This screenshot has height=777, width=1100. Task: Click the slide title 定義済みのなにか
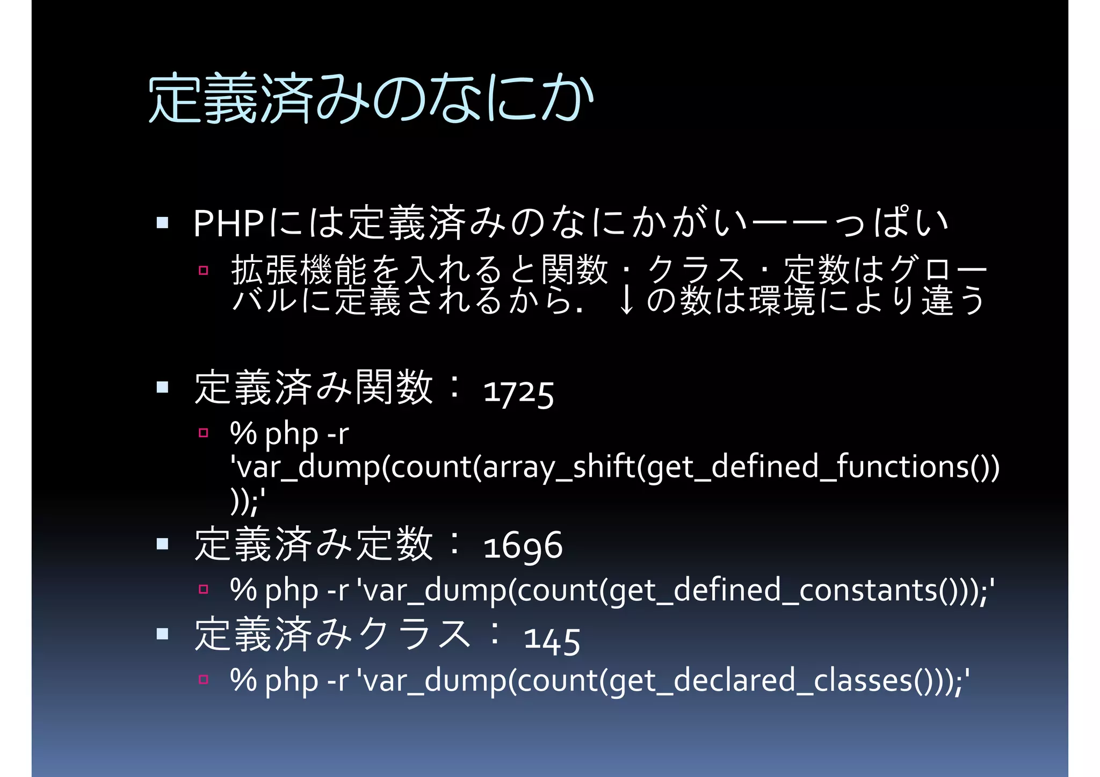click(x=371, y=99)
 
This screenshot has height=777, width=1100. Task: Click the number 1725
click(x=518, y=392)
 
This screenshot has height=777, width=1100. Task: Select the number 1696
click(x=523, y=547)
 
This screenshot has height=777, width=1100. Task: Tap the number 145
click(x=552, y=640)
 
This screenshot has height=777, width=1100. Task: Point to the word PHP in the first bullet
click(x=228, y=223)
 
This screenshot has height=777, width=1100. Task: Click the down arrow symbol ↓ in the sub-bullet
click(x=625, y=301)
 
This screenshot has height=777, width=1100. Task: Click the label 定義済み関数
click(x=314, y=388)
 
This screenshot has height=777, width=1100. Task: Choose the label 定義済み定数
click(x=314, y=544)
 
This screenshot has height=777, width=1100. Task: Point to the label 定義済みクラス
click(x=333, y=635)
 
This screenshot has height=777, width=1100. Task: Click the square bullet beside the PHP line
click(x=162, y=222)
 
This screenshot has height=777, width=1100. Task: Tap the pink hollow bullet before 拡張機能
click(x=203, y=270)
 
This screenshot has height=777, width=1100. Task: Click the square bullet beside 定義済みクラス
click(x=162, y=634)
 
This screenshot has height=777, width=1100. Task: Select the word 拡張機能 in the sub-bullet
click(x=299, y=270)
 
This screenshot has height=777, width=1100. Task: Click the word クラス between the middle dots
click(x=696, y=270)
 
